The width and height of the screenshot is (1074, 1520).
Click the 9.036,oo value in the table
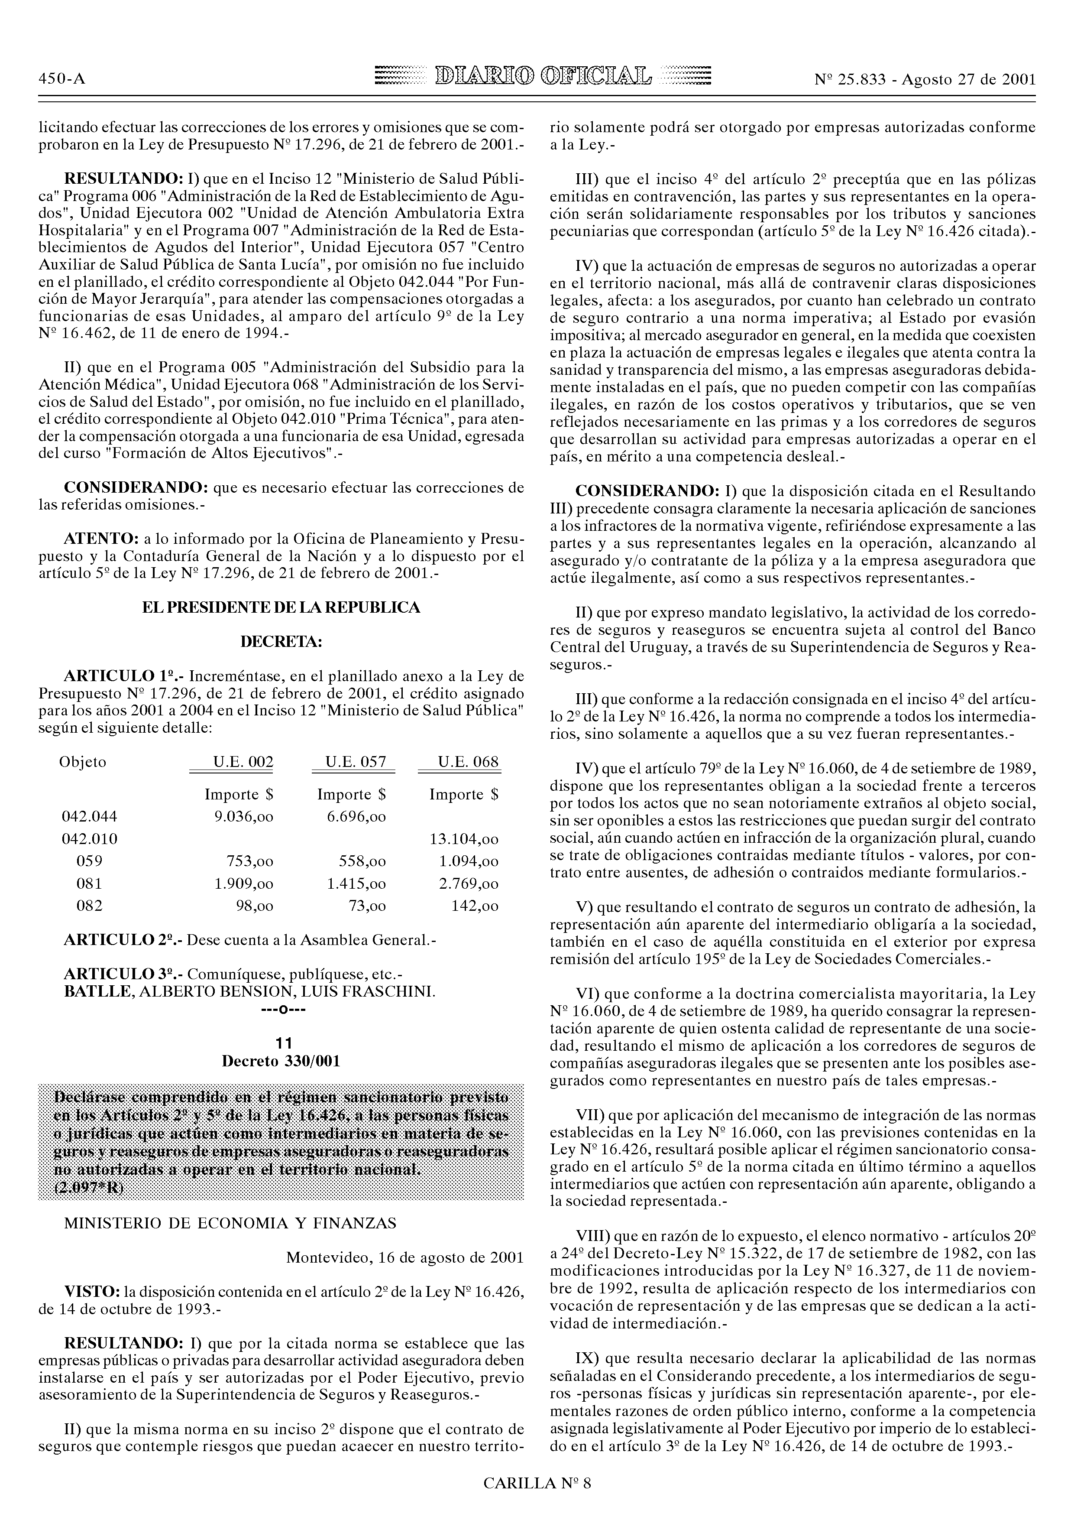pos(243,817)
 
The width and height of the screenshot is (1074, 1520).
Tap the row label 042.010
pos(89,839)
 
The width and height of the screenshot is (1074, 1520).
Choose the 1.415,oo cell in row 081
pos(357,884)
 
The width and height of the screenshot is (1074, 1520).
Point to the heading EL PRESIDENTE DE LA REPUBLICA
pos(281,608)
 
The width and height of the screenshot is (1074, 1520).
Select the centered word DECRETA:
pos(281,642)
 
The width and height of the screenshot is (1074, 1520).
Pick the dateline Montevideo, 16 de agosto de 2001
pos(404,1257)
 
